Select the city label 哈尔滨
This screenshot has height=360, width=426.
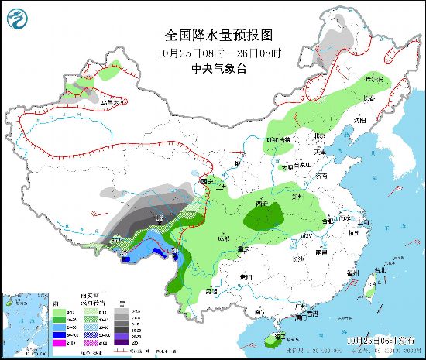[x=375, y=80]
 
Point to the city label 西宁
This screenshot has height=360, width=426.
[x=205, y=180]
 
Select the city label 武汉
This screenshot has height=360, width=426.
[x=310, y=235]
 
